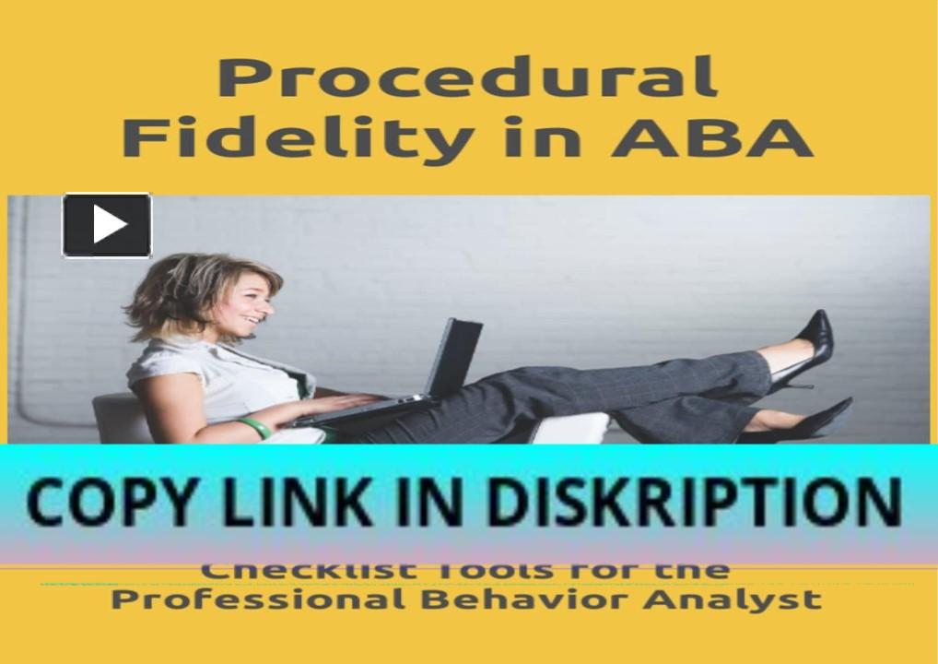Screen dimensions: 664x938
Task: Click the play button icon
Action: click(x=107, y=225)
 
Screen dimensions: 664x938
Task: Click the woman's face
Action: click(x=250, y=305)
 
